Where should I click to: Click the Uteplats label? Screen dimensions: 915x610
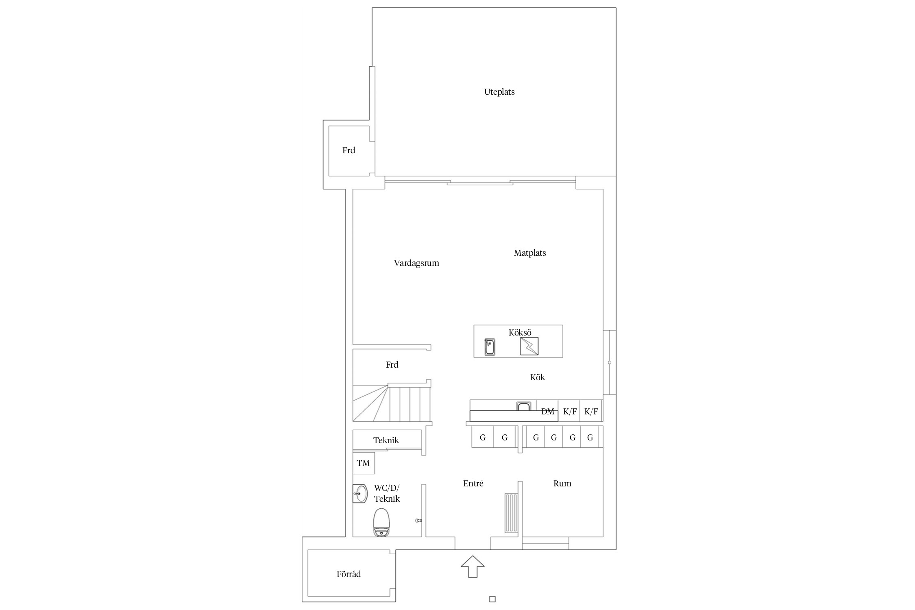[499, 92]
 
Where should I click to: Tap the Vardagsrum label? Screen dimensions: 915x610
[416, 263]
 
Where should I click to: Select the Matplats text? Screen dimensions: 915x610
[530, 253]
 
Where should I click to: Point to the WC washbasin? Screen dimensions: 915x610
[360, 494]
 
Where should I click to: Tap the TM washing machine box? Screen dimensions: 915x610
[364, 463]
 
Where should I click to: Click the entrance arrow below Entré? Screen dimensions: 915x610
[473, 566]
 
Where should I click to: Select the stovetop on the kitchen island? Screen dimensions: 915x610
[529, 346]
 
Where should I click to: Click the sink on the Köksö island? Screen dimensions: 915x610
[490, 347]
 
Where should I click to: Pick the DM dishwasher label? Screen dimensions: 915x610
[548, 412]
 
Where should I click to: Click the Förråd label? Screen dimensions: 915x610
[349, 574]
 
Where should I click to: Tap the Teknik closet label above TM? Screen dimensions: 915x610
[386, 440]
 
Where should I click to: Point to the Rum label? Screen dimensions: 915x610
[562, 484]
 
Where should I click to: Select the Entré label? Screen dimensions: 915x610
[473, 484]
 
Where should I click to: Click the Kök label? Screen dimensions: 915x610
[538, 377]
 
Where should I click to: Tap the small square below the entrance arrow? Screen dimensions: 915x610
[492, 599]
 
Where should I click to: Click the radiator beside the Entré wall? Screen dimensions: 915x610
[512, 513]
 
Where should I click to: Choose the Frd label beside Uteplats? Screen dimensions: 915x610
[349, 150]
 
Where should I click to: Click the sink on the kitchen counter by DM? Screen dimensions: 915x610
[524, 406]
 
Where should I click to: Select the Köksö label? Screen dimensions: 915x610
[520, 333]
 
